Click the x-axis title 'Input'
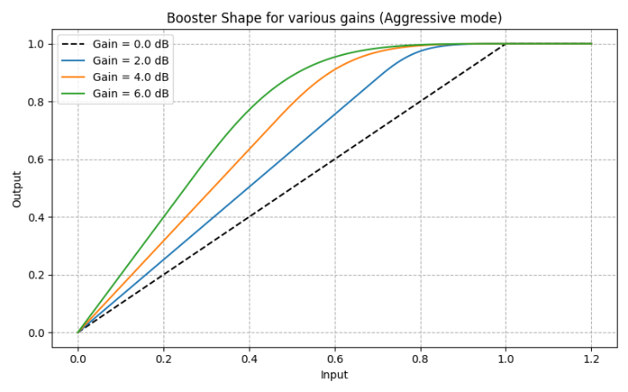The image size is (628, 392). click(x=334, y=375)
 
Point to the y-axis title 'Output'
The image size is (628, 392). click(x=17, y=188)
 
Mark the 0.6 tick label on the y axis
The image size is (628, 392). click(x=36, y=160)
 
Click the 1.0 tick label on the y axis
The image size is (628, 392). click(x=36, y=44)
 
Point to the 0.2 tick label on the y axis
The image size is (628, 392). click(x=36, y=275)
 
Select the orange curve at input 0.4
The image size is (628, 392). click(x=249, y=150)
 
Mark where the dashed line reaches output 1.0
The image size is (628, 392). click(x=506, y=44)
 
